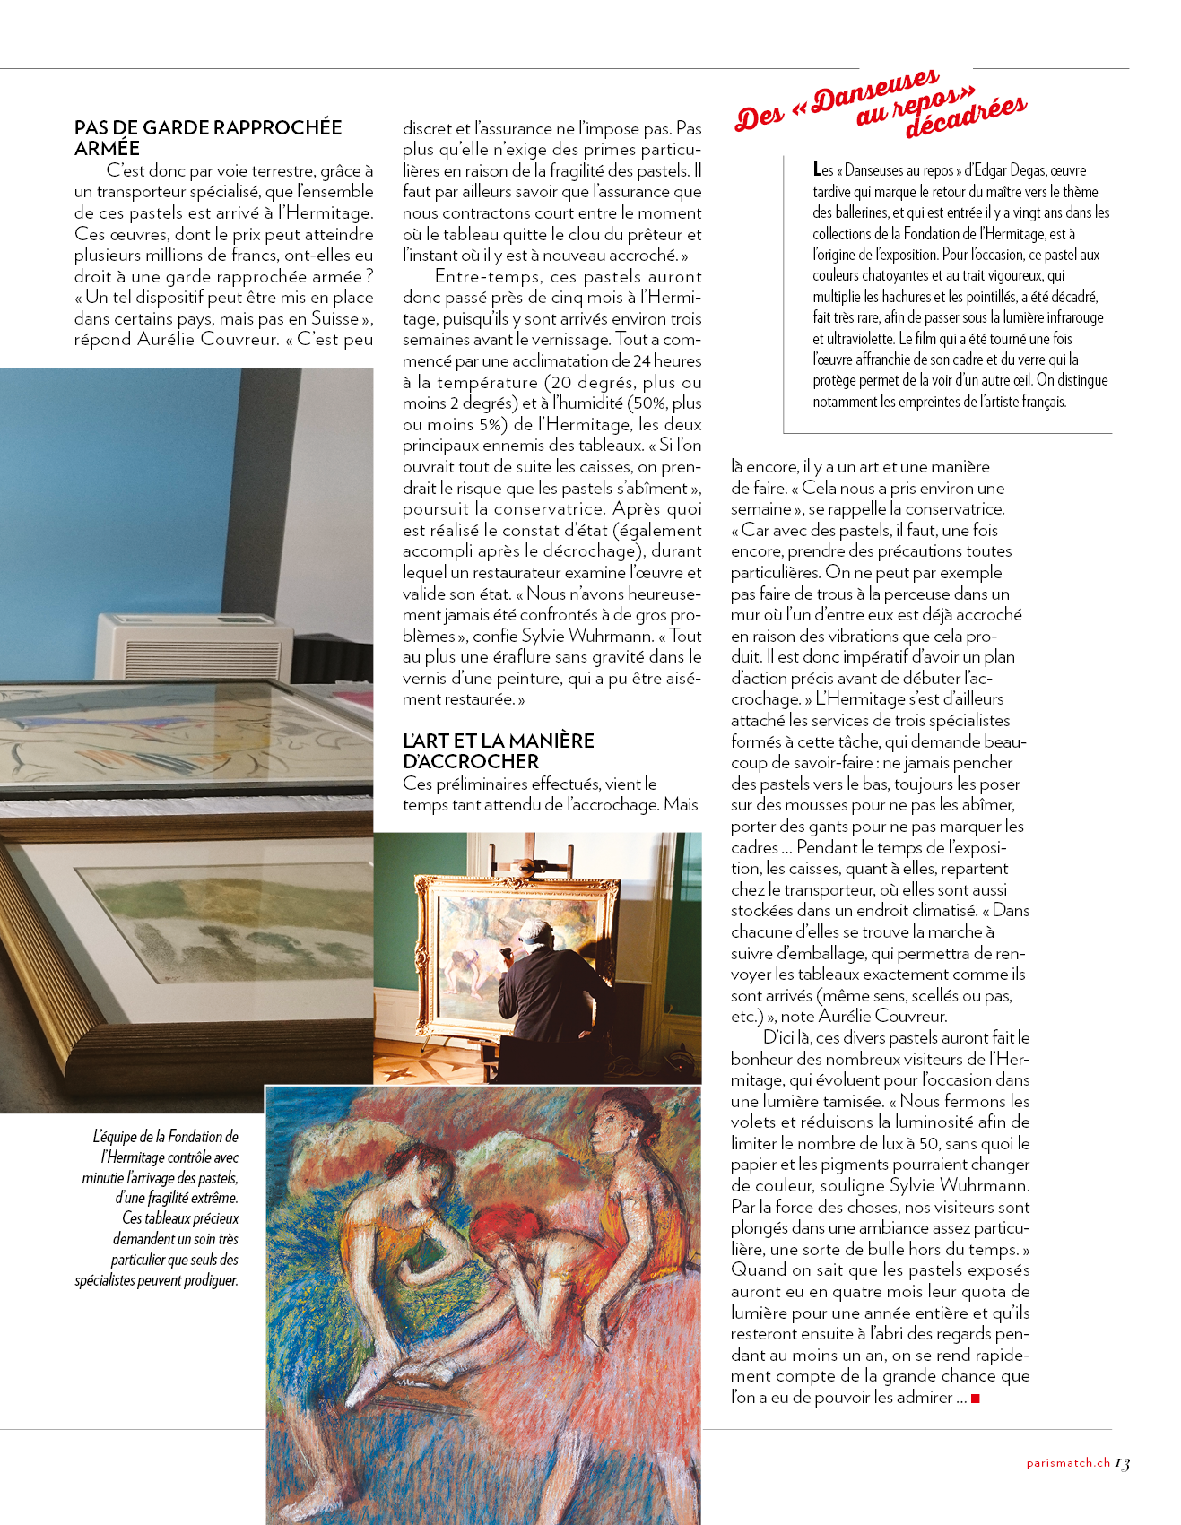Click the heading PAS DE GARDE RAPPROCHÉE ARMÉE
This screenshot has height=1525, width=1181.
[x=208, y=137]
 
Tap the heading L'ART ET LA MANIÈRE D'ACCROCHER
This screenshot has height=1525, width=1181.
[x=499, y=750]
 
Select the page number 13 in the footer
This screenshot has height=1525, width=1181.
[x=1122, y=1463]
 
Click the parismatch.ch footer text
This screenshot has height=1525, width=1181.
[x=1068, y=1463]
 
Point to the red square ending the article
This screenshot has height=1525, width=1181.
[x=976, y=1398]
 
